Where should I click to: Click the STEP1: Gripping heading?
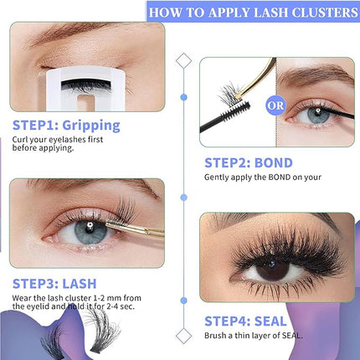click(66, 126)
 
